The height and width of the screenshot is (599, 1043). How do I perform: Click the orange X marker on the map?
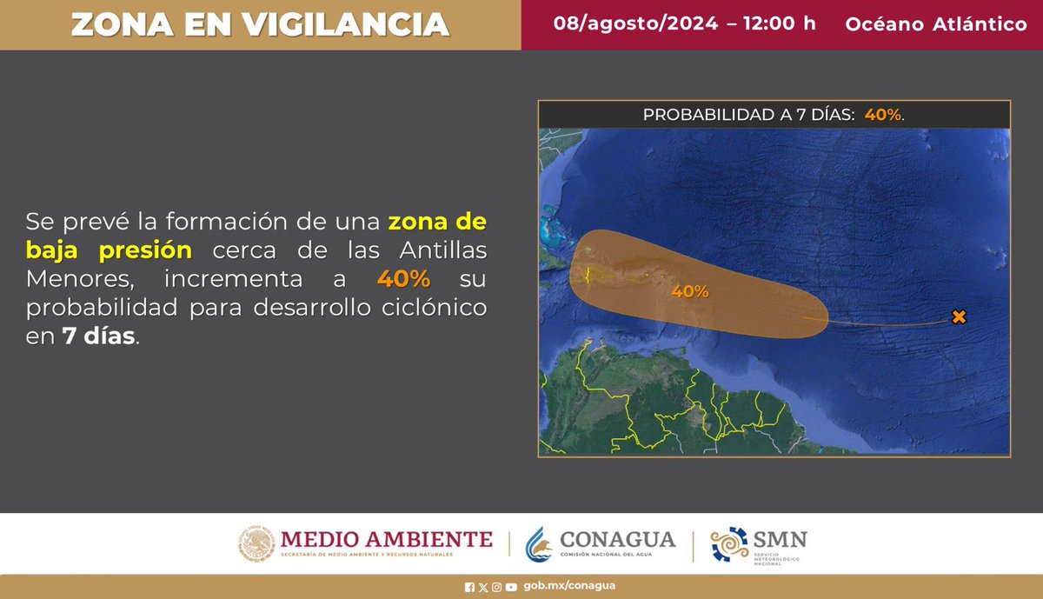coord(959,317)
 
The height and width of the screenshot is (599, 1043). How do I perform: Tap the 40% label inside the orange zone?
coord(690,292)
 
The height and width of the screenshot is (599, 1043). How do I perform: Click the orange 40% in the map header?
coord(883,115)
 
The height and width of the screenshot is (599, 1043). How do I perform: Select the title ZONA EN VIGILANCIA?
coord(260,24)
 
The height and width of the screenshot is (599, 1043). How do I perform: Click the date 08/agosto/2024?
coord(635,23)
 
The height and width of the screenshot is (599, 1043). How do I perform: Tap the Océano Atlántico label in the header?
coord(935,24)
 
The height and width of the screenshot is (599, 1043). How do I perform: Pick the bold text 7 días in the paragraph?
coord(98,338)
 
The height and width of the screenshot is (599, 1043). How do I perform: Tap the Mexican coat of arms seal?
coord(256,543)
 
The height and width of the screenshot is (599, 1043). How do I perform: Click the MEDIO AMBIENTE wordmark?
coord(386,539)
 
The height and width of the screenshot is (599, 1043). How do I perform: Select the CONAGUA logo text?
coord(618,539)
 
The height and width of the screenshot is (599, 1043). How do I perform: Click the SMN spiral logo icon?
coord(729,544)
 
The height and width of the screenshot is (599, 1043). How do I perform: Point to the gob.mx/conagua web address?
coord(570,586)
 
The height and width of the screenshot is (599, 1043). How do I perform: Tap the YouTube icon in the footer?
coord(511,586)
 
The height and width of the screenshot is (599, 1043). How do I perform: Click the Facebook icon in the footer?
coord(470,586)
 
